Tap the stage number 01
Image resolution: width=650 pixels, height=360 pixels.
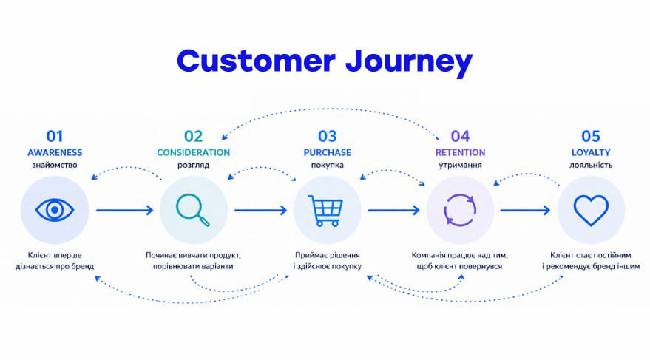pos(55,136)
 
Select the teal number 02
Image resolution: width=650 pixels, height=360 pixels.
pos(193,136)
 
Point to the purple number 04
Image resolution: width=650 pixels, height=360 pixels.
pos(460,136)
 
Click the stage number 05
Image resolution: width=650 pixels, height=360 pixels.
pos(591,136)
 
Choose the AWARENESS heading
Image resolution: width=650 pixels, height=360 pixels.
pos(55,152)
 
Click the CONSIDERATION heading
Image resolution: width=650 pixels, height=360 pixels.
pos(193,152)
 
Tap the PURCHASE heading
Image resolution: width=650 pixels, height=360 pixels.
pos(327,152)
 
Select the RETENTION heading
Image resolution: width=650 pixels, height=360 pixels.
pos(460,152)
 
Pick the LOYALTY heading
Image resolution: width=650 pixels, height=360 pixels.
pos(591,152)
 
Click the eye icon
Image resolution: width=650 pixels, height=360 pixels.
pos(55,210)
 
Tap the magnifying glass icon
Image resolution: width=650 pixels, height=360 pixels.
pos(193,210)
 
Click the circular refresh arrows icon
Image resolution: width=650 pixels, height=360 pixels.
pos(460,210)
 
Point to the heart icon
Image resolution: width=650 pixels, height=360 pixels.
pos(591,210)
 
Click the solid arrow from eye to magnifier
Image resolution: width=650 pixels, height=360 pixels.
pos(123,210)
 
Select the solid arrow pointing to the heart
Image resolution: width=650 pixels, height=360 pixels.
pos(526,210)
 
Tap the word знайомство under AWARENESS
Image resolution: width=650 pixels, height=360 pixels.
pos(55,166)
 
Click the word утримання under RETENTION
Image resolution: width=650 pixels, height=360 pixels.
pos(460,166)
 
